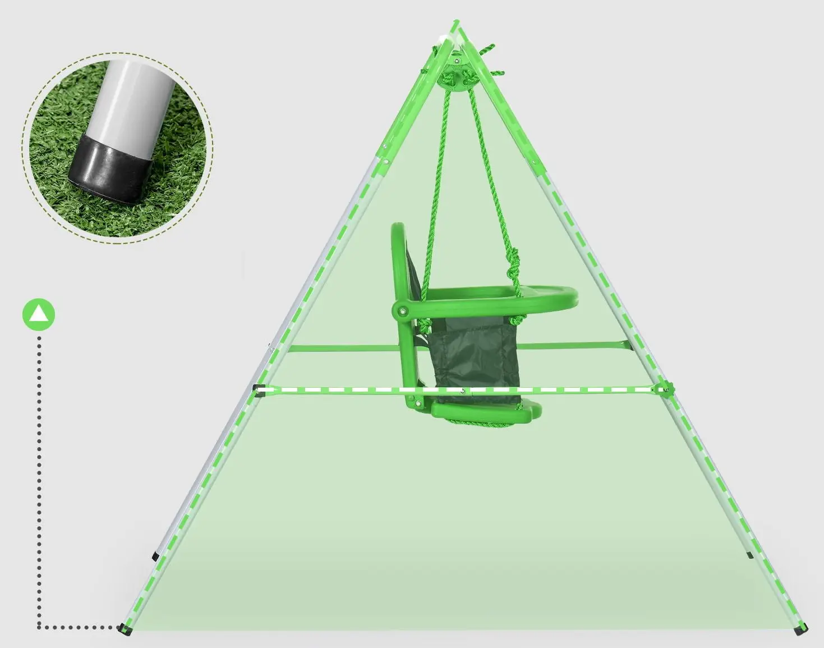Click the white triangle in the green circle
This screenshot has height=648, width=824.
tap(39, 314)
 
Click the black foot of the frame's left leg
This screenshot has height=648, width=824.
tap(125, 629)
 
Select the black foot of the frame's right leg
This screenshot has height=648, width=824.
tap(803, 629)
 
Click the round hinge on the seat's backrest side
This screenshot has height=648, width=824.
tap(402, 310)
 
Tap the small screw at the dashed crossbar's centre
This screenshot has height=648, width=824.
tap(462, 390)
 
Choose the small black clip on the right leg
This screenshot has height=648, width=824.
tap(750, 555)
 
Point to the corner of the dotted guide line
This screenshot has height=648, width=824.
tap(39, 627)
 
